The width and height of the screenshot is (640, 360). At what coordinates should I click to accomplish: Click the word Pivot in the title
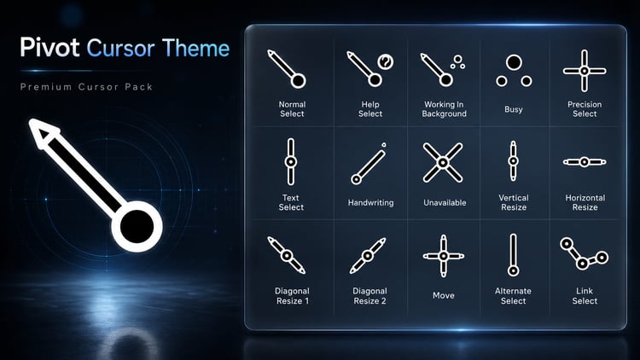[x=49, y=48]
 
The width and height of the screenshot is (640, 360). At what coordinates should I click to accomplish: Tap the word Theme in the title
[x=195, y=48]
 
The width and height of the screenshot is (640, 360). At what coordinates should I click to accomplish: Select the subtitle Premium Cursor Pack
[x=86, y=87]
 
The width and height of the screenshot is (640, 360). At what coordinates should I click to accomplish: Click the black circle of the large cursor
[x=137, y=227]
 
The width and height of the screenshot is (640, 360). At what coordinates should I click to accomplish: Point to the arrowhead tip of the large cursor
[x=30, y=120]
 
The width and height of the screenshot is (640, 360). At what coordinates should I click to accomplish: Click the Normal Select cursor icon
[x=287, y=69]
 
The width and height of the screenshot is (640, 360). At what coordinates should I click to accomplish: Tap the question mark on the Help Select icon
[x=386, y=62]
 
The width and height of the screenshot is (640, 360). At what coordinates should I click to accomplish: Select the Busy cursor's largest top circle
[x=514, y=63]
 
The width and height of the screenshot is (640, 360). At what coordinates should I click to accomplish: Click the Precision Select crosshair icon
[x=585, y=71]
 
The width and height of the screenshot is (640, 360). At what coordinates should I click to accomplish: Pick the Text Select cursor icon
[x=291, y=161]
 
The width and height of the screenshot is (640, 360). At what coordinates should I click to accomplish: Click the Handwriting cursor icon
[x=369, y=164]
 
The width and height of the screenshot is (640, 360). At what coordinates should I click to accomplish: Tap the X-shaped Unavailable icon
[x=443, y=162]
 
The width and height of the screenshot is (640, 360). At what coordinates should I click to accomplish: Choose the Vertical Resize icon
[x=513, y=161]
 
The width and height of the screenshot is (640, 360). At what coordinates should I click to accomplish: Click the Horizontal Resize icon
[x=585, y=162]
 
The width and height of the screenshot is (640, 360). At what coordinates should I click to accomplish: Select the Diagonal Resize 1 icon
[x=287, y=256]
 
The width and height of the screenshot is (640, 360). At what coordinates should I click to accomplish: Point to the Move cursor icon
[x=444, y=256]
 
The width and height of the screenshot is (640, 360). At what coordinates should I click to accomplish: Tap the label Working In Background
[x=444, y=109]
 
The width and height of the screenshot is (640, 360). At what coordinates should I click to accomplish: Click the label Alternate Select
[x=513, y=296]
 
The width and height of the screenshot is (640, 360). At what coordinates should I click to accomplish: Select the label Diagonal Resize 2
[x=369, y=296]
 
